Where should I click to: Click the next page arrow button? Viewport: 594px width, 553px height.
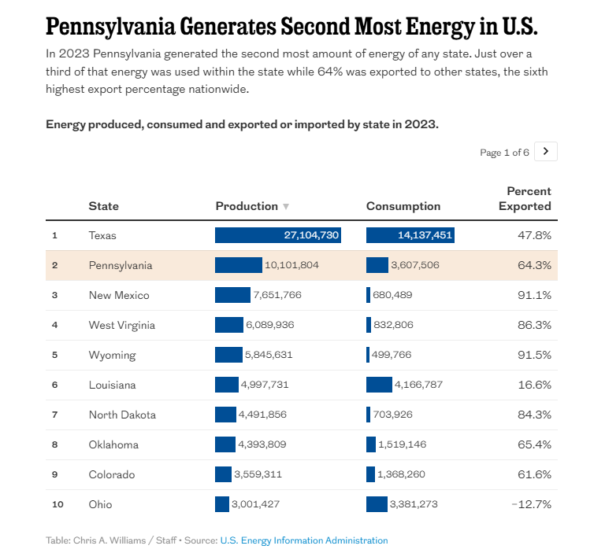(x=545, y=152)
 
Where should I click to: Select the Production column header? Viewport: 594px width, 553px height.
(x=247, y=206)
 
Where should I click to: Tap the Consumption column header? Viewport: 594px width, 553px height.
(x=403, y=206)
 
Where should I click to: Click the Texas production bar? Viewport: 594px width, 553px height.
(x=277, y=235)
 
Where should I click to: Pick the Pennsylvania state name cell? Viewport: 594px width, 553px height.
(x=121, y=265)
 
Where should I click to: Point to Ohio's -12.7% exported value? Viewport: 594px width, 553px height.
(x=531, y=504)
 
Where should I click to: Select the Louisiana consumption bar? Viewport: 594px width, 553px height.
(x=379, y=385)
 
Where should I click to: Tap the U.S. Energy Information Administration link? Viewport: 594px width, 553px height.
(x=304, y=540)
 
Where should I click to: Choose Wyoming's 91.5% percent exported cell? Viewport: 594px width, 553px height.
(x=534, y=355)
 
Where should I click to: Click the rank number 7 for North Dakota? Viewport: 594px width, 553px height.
(x=55, y=415)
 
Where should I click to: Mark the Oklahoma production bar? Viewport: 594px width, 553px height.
(x=225, y=444)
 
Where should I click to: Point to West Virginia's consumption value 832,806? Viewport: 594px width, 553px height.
(x=392, y=325)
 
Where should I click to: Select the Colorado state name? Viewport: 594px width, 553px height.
(x=111, y=474)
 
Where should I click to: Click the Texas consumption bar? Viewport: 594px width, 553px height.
(x=410, y=235)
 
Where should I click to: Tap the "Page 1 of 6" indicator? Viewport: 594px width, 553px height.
(x=504, y=153)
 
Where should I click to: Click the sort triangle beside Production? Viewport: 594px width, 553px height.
(x=286, y=207)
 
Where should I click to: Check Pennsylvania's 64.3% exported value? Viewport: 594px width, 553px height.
(x=534, y=265)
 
